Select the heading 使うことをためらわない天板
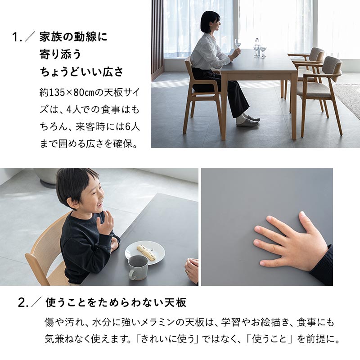pos(116,303)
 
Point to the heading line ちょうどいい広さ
pos(81,72)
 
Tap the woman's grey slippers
pos(248,121)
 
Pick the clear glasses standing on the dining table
pos(259,49)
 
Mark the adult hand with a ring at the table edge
pos(192,270)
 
